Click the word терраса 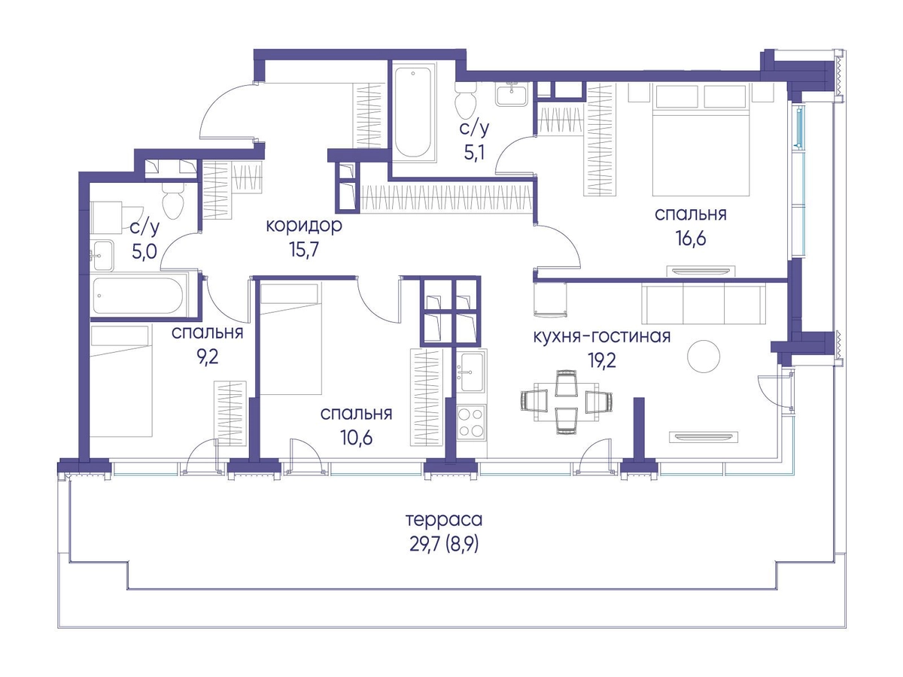[x=444, y=521]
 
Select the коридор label [x=304, y=226]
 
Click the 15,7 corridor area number [x=304, y=249]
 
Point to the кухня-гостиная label [x=601, y=337]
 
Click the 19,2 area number [x=601, y=360]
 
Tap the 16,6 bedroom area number [x=691, y=238]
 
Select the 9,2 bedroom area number [x=208, y=357]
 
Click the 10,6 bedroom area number [x=356, y=437]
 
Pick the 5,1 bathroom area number [x=474, y=153]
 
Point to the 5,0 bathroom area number [x=144, y=250]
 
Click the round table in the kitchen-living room [x=704, y=357]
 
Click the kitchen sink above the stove [x=472, y=372]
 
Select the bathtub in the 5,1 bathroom [x=413, y=112]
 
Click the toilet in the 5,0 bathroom [x=173, y=200]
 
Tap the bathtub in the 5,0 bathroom [x=138, y=296]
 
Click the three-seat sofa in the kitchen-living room [x=703, y=304]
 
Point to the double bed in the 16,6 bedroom [x=701, y=139]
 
